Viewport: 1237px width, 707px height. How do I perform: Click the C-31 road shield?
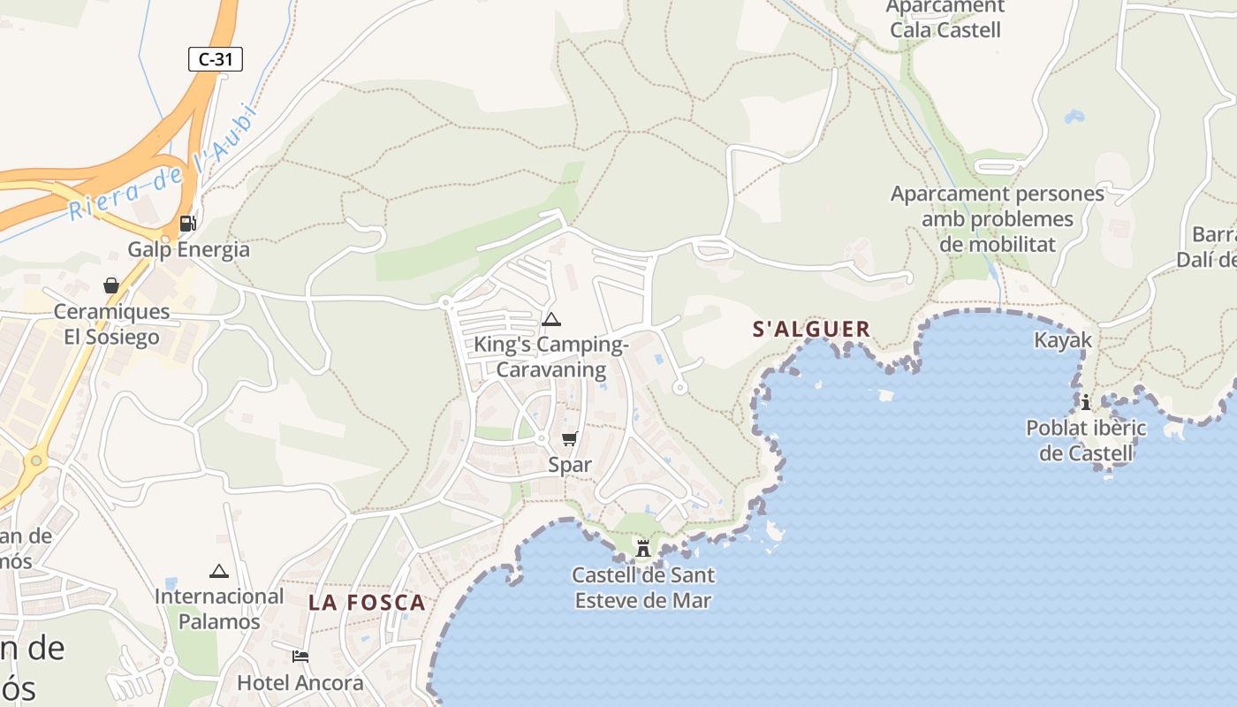point(215,59)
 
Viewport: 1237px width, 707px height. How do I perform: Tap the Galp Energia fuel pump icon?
point(187,224)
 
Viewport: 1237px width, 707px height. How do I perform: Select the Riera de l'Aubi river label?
point(161,164)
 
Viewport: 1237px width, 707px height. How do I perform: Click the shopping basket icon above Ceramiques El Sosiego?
point(111,285)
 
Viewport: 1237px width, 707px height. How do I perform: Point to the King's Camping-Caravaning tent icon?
point(551,319)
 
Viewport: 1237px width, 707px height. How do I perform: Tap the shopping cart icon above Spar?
point(570,438)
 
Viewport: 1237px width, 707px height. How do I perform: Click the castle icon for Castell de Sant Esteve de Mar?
point(643,548)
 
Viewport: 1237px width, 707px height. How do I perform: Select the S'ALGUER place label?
point(811,330)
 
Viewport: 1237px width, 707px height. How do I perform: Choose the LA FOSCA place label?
point(367,603)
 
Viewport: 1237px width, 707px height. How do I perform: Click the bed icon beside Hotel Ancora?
point(300,657)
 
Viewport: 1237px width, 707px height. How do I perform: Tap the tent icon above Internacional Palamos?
point(219,571)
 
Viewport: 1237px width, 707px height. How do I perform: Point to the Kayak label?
point(1063,340)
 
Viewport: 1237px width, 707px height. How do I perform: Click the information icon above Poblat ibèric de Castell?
point(1086,403)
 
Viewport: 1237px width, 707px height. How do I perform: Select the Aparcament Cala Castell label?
point(945,19)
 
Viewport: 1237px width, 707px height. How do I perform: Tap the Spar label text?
point(570,465)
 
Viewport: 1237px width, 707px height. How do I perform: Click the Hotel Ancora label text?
point(300,683)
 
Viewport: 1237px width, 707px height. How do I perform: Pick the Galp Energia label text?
point(189,249)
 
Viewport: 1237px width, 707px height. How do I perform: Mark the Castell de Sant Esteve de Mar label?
point(643,588)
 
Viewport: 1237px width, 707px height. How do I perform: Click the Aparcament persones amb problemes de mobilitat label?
point(998,219)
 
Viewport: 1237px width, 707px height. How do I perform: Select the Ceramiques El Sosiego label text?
point(111,324)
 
